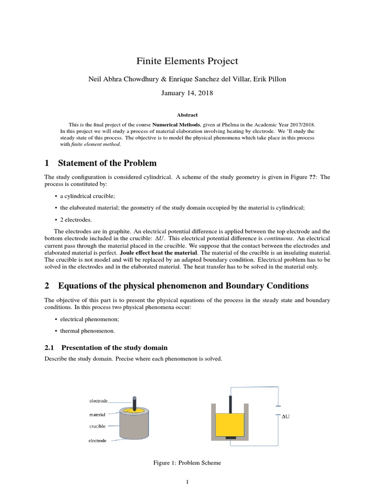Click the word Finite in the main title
[149, 61]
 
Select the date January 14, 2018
[187, 91]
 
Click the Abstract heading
[187, 115]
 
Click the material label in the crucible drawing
[97, 415]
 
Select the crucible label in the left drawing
[97, 426]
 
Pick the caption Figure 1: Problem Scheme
[187, 462]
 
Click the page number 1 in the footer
[187, 482]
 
